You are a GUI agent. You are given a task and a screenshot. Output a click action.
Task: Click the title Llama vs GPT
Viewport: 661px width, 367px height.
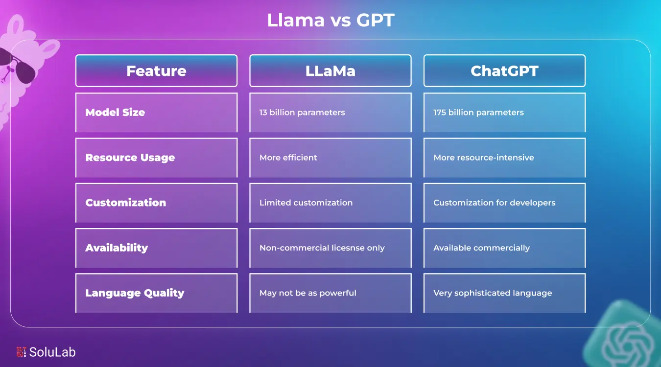[330, 20]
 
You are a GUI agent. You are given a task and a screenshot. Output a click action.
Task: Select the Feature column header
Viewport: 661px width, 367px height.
[156, 71]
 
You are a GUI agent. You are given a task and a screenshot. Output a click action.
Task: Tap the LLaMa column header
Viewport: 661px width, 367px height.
[330, 71]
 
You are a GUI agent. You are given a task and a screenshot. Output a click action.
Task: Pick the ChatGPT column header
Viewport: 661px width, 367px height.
[504, 71]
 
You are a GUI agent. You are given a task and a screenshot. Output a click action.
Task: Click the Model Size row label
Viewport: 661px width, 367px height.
[115, 113]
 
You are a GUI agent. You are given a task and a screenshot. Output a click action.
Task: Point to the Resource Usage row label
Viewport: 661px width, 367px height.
[130, 158]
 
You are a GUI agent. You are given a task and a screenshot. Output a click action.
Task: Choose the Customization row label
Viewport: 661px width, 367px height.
[126, 203]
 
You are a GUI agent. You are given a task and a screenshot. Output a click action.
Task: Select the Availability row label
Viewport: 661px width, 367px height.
[117, 248]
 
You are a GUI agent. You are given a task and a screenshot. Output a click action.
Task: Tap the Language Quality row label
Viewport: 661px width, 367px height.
[135, 293]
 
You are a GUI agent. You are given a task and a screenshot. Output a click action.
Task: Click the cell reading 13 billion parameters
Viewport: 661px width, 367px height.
[302, 113]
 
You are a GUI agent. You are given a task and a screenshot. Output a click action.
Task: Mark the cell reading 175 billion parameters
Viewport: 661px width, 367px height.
[478, 113]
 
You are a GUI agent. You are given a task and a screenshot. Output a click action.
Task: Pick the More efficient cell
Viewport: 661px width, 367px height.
[288, 158]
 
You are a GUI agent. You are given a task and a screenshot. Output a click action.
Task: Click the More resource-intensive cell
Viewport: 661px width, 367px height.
[484, 158]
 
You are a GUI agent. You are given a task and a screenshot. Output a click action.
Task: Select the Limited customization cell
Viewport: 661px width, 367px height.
[306, 203]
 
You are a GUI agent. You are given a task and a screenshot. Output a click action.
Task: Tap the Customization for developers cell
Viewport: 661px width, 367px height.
[495, 203]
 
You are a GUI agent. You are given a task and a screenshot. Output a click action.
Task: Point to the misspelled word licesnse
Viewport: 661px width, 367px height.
[347, 248]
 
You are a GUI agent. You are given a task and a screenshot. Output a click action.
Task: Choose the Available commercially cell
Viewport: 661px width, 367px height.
[481, 248]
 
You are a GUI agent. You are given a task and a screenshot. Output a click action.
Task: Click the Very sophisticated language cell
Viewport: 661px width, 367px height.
[493, 293]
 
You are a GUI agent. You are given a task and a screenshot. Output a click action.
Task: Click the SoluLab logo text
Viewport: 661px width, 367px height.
[52, 352]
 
